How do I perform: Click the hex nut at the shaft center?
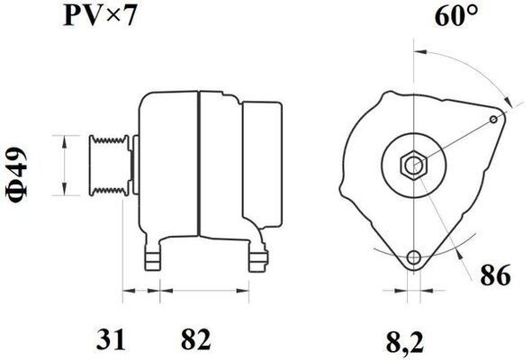[x=413, y=166]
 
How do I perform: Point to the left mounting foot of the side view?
[x=156, y=256]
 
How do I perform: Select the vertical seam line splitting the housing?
[x=197, y=162]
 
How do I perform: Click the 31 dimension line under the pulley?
[x=141, y=292]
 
